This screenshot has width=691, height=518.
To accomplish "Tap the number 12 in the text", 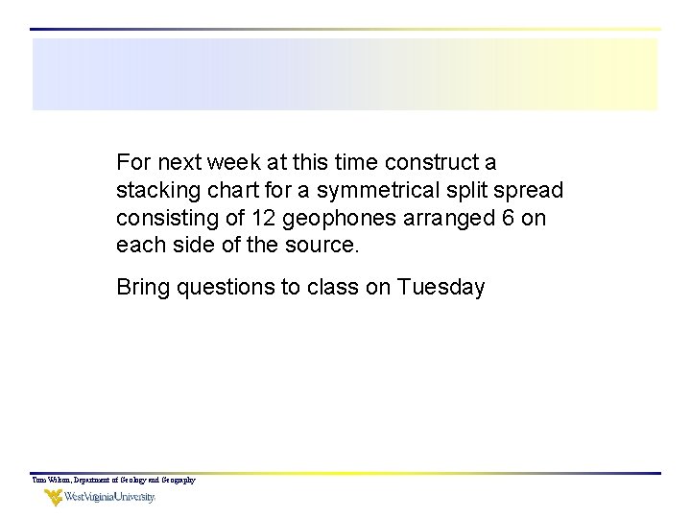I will point(268,218).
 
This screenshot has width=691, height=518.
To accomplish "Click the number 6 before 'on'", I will point(508,218).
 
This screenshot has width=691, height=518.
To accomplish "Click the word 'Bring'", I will point(142,287).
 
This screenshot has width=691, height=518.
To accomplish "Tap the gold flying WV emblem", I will point(52,498).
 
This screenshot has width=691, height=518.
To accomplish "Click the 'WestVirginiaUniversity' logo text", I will point(109,498).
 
